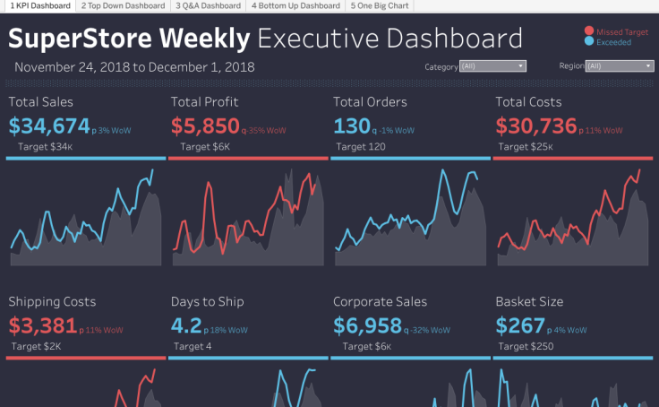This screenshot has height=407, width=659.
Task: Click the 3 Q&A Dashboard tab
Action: click(208, 5)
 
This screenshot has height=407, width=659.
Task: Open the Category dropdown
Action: click(492, 66)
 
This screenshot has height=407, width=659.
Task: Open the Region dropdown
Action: click(619, 66)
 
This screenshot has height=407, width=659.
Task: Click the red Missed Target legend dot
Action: click(587, 31)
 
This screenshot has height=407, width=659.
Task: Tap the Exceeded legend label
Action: click(614, 42)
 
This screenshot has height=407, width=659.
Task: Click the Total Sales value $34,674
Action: click(50, 126)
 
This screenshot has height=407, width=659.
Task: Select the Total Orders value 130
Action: click(351, 126)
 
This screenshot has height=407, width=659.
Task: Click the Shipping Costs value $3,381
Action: click(45, 325)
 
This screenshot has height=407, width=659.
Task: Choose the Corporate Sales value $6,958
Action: click(366, 325)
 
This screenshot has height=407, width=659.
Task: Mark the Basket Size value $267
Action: click(519, 325)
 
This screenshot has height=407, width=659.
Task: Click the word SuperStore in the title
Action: click(82, 39)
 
